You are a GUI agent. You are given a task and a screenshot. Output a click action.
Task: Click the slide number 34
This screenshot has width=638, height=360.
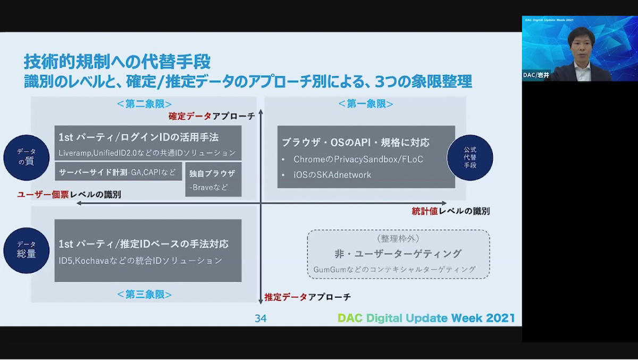point(261,318)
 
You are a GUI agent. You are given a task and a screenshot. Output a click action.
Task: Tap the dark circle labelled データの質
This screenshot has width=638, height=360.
point(27,157)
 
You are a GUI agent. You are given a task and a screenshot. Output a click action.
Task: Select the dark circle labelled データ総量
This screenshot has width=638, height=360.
point(27,250)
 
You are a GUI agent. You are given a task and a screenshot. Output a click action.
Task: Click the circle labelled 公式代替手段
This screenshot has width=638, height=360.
point(470,157)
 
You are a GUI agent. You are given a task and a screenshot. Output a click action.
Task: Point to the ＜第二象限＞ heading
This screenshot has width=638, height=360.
point(145,104)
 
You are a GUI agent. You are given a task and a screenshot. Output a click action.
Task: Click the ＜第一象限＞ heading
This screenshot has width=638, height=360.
point(366,104)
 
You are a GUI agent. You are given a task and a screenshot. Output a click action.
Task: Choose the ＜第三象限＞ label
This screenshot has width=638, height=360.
point(145,294)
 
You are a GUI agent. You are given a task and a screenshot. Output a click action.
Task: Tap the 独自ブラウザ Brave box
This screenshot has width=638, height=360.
point(213,179)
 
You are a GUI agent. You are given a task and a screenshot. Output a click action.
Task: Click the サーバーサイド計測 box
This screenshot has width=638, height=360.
point(118,171)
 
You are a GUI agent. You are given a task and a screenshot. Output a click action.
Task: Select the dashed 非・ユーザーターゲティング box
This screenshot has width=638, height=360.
point(398,254)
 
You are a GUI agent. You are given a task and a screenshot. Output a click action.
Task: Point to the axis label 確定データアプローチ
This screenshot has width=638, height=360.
point(212,116)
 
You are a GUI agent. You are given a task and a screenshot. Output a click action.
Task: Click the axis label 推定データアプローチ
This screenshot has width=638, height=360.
point(308,297)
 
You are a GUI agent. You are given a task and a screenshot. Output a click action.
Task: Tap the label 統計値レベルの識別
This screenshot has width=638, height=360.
point(451,211)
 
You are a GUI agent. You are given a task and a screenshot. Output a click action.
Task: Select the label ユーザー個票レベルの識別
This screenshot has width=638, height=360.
point(69,195)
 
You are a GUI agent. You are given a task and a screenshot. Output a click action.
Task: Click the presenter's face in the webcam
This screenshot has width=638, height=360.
point(581,46)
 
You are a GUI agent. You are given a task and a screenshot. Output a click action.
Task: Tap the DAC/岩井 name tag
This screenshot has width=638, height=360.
point(536,75)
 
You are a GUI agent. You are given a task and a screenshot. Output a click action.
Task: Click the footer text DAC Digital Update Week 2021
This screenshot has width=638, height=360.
point(426,318)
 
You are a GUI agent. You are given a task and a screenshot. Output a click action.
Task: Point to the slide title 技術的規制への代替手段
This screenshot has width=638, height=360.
point(117,62)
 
